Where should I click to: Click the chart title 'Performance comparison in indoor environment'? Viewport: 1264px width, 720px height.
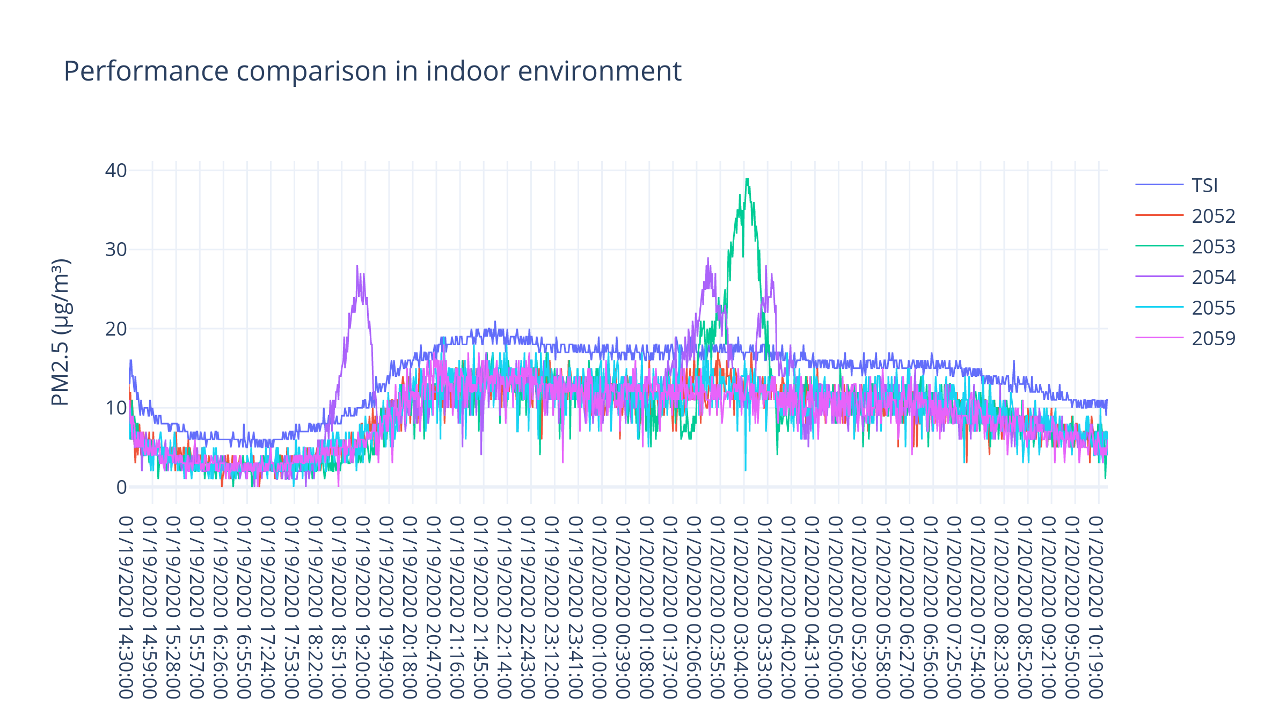(372, 71)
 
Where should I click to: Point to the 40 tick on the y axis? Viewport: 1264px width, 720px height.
(116, 170)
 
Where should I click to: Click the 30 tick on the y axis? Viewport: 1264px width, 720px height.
(116, 249)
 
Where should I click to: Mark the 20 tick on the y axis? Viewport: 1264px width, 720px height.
(116, 329)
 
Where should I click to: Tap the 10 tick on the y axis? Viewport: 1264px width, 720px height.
(116, 408)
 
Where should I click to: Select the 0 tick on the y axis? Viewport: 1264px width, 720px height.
(121, 487)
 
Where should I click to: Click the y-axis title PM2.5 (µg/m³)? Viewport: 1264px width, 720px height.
(60, 332)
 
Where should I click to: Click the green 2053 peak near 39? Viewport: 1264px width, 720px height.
(747, 180)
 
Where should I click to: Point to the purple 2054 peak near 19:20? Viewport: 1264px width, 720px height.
(357, 266)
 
